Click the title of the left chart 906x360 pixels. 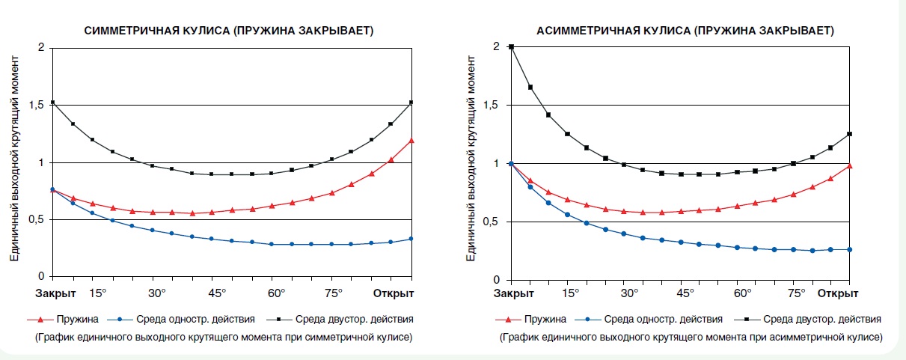[x=229, y=31]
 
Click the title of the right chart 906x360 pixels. [x=685, y=31]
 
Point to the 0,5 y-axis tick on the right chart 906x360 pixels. [x=492, y=222]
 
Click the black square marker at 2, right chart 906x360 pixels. [x=511, y=47]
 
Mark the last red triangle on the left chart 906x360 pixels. [x=411, y=140]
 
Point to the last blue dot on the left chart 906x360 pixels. [x=411, y=239]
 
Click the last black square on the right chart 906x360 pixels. [x=850, y=134]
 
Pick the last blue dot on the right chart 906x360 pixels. [x=850, y=249]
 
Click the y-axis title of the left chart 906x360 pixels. [x=14, y=165]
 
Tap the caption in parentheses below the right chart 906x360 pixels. [x=690, y=338]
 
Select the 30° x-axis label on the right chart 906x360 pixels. [x=629, y=292]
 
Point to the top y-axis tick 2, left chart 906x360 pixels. [x=42, y=48]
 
